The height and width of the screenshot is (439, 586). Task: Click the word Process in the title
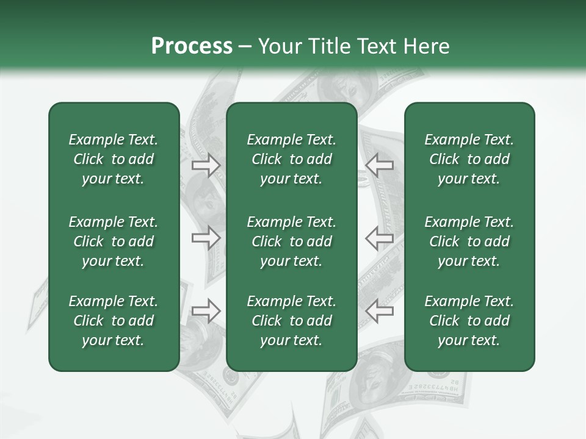point(192,46)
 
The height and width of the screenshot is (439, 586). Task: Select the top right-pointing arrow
point(206,165)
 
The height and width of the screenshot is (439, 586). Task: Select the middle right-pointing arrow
point(206,238)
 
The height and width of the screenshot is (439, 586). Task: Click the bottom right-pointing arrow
point(206,311)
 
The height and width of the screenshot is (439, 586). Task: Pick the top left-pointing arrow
point(380,165)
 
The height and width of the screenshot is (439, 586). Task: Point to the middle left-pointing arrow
point(380,238)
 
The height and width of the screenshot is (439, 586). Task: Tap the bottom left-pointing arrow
point(380,311)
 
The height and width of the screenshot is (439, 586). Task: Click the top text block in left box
point(114,159)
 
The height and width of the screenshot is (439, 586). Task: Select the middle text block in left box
point(114,241)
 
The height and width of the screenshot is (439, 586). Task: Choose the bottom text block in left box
point(114,321)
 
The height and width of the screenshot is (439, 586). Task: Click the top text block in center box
point(291,159)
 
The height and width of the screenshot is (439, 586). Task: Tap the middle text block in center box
point(291,241)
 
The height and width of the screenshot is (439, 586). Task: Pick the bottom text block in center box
point(291,321)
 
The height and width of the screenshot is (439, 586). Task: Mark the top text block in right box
point(469,159)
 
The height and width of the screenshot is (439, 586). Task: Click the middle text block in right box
point(469,241)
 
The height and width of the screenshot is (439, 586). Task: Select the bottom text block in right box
point(469,321)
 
